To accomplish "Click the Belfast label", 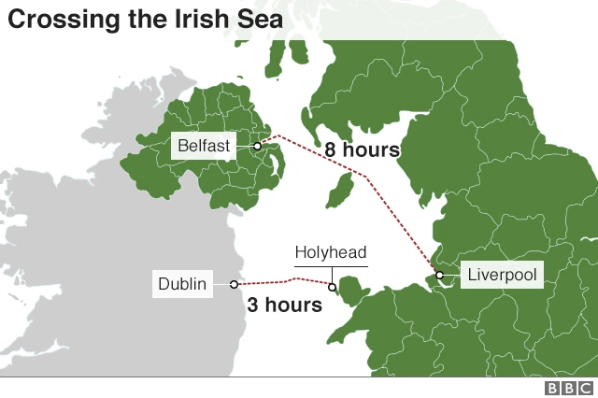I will pos(203,147).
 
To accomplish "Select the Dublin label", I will pos(182,283).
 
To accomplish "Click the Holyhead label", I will pos(331,252).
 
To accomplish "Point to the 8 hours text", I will pos(362,149).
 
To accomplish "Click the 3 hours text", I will pos(284,305).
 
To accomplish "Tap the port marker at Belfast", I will pos(256,146).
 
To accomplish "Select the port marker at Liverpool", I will pos(439,275).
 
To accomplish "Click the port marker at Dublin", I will pos(234,283).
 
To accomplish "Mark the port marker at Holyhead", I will pos(332,286).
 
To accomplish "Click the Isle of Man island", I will pos(338,191).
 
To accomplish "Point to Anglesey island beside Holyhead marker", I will pos(351,289).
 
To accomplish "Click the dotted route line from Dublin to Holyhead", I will pos(280,280).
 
